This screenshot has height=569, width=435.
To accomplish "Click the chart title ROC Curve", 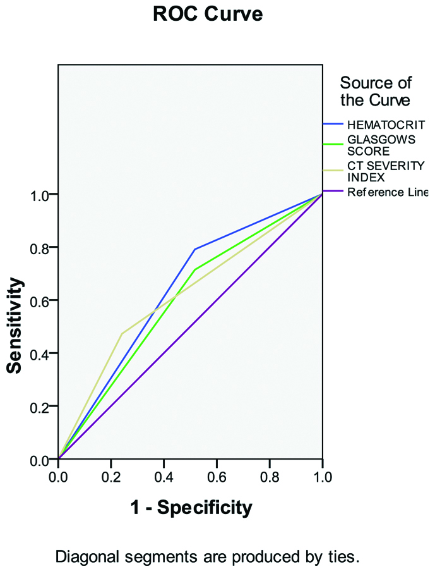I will click(208, 14).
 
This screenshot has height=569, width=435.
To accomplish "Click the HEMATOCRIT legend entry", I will click(385, 124).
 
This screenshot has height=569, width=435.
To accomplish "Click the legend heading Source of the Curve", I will click(375, 91).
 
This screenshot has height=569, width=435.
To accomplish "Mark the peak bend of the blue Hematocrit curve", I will click(194, 249).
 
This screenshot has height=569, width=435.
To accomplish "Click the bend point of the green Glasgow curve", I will click(194, 270).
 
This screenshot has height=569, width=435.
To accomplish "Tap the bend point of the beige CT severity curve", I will click(121, 333).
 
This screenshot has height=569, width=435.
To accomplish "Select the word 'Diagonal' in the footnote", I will click(81, 558).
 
